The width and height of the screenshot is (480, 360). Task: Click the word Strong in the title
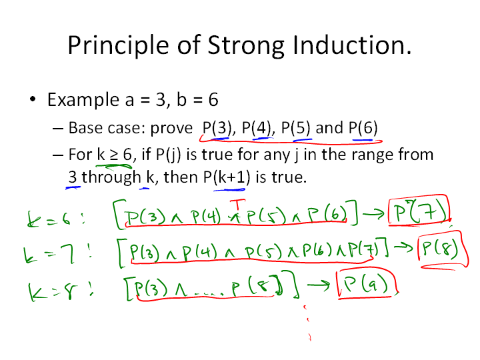point(246,46)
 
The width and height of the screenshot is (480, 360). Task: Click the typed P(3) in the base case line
point(217,128)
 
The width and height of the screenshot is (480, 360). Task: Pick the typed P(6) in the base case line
point(363,128)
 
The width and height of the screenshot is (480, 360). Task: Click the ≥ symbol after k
point(114,155)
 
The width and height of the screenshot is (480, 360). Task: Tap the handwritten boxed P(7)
point(419,211)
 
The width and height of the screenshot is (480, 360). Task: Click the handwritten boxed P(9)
point(367,283)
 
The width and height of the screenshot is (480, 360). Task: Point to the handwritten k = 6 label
point(55,219)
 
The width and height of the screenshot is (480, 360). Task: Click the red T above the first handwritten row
point(237,205)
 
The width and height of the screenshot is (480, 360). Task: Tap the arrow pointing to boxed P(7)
point(373,213)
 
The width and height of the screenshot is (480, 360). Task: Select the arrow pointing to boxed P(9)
point(319,285)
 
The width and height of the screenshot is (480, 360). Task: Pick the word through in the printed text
point(111,177)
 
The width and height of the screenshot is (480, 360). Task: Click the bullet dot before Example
point(33,99)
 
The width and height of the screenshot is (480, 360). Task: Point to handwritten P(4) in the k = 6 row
point(206,216)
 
